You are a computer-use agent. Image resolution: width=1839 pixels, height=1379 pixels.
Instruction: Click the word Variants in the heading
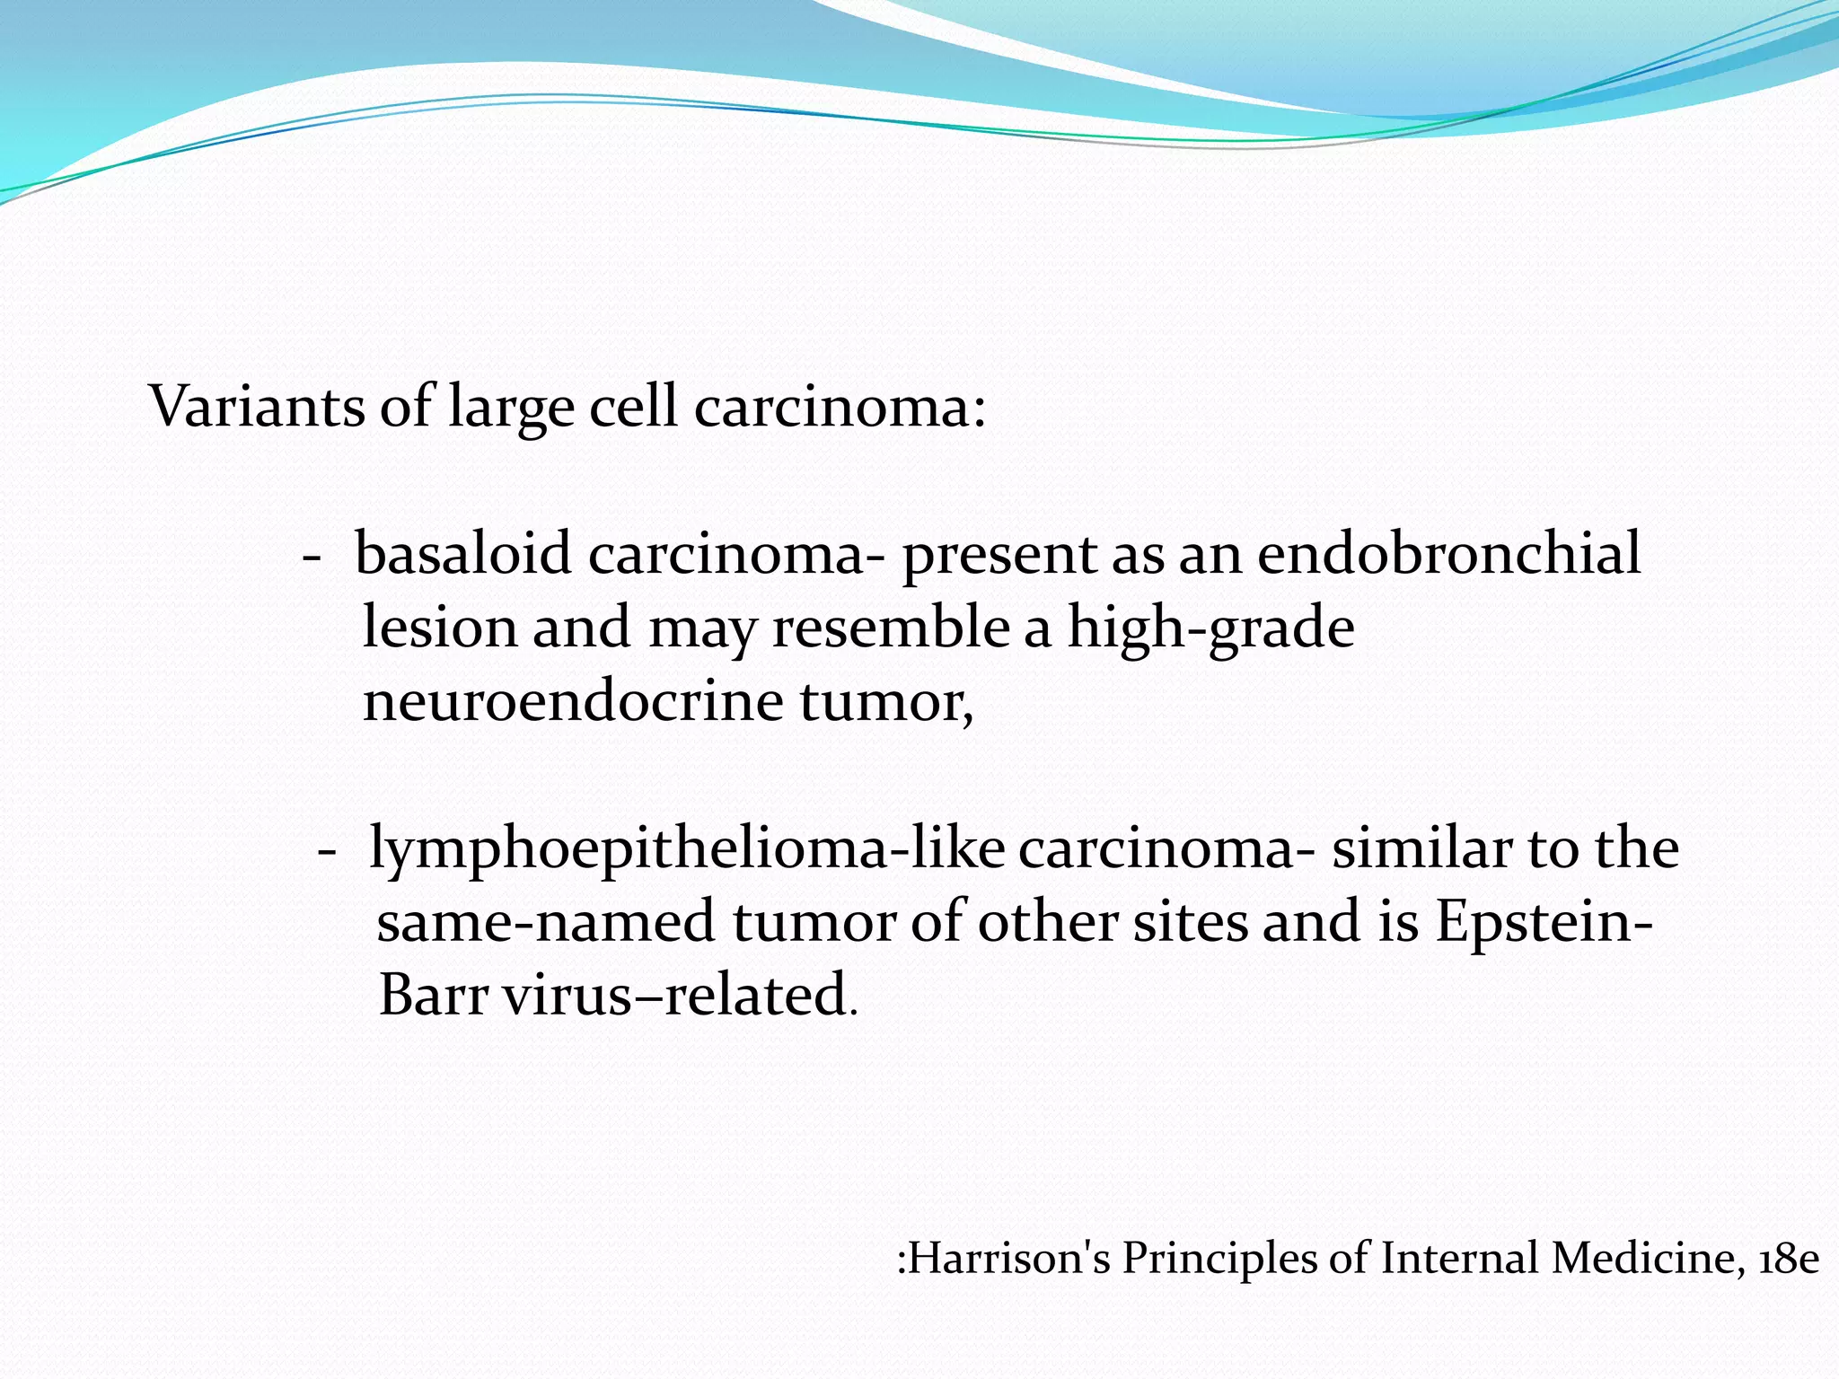pyautogui.click(x=257, y=407)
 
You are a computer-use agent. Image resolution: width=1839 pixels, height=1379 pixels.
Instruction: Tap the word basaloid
pyautogui.click(x=463, y=553)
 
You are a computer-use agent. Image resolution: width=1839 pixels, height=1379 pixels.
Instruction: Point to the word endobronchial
pyautogui.click(x=1448, y=553)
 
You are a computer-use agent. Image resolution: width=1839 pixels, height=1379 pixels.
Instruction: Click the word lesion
pyautogui.click(x=439, y=627)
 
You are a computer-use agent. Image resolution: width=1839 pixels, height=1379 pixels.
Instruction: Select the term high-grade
pyautogui.click(x=1210, y=628)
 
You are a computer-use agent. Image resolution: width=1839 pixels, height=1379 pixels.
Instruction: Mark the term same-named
pyautogui.click(x=545, y=922)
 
